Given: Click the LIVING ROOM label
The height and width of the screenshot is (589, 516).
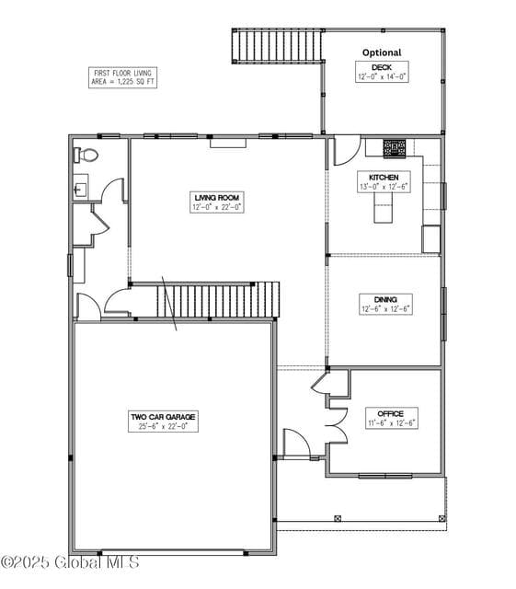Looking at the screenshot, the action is coord(217,202).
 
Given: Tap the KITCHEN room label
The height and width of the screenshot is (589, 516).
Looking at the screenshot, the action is coord(384,182).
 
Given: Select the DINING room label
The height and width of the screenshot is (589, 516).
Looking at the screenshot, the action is coord(385,305).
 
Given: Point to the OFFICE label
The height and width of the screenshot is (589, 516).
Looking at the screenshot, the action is coord(391,418).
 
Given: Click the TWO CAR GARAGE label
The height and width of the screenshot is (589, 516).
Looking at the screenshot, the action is coord(163,422).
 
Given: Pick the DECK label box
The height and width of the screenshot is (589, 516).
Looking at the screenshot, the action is coord(382,72).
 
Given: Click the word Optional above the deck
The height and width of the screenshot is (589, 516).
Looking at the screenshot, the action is coord(382,52).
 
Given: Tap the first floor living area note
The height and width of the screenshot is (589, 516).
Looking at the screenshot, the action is coord(123,77).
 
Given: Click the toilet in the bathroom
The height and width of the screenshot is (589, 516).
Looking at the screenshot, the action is coord(86,155).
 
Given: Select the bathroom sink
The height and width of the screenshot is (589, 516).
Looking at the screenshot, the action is coord(80,187).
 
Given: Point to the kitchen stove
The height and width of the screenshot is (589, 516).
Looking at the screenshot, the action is coord(395,148).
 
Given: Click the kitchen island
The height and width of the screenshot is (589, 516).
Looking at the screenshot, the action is coord(383,207).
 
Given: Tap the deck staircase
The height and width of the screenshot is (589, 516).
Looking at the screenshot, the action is coord(277,46).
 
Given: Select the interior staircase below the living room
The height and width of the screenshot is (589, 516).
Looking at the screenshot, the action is coord(218,300).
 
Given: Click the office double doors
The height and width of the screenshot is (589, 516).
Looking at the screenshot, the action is coord(337,425).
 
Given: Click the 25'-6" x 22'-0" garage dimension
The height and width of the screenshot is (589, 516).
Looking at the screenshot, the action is coord(163,426).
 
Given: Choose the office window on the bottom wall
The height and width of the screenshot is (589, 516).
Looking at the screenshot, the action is coord(385,477).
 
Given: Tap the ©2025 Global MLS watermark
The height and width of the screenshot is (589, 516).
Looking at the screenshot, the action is coord(70,562).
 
